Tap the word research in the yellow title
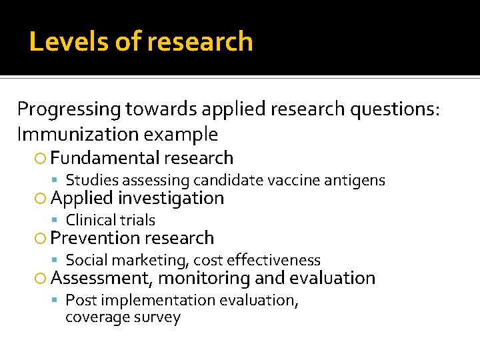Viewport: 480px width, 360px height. (200, 42)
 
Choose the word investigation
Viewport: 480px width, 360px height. (171, 198)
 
